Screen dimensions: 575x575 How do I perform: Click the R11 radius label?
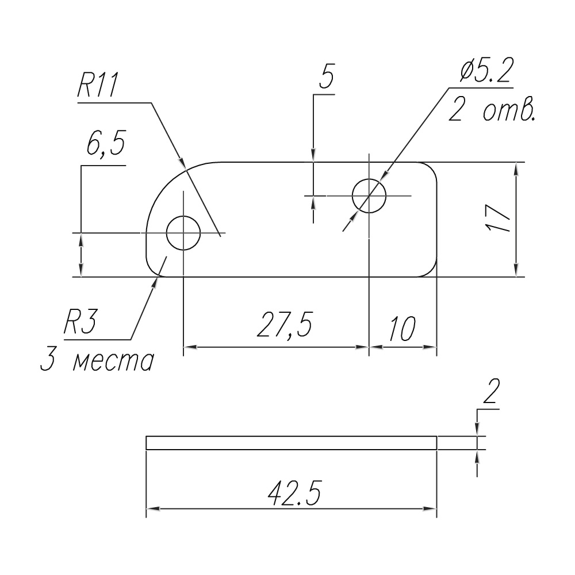click(x=98, y=86)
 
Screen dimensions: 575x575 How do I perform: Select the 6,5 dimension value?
click(x=106, y=143)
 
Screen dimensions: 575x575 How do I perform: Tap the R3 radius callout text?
click(x=80, y=322)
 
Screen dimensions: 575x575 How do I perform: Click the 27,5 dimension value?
click(x=285, y=325)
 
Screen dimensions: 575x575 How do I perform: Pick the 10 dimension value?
click(x=402, y=328)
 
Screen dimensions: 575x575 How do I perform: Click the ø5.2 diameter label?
click(x=486, y=70)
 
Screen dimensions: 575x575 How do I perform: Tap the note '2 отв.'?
click(x=492, y=110)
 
